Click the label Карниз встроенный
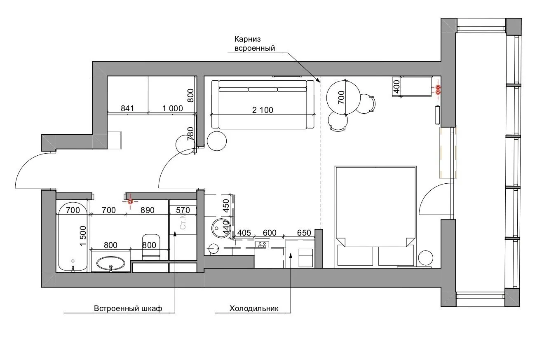254,44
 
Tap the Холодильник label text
254,308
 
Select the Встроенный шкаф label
128,308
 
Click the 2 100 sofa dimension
263,110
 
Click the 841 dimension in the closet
127,108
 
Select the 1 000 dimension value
173,108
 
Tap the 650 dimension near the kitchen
304,233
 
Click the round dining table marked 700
343,98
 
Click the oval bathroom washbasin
110,263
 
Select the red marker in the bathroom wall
130,201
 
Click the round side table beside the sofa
216,141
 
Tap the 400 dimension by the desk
396,87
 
